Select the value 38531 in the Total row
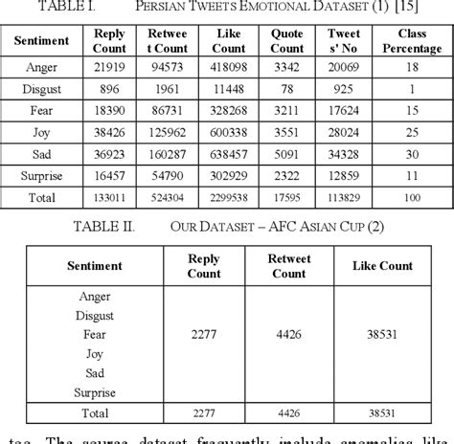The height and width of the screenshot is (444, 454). pos(381,412)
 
